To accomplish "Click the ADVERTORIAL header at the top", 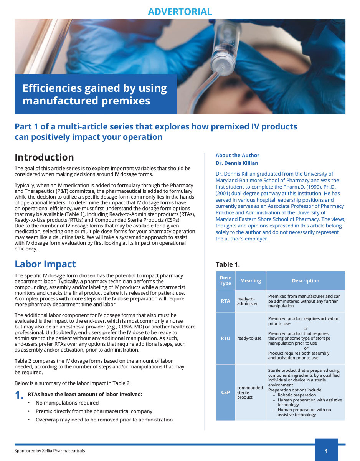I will pos(180,12).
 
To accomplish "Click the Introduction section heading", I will pos(44,158).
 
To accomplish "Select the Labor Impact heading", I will pos(45,264).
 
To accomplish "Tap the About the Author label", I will pos(237,155).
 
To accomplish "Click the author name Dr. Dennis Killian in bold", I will pos(237,163).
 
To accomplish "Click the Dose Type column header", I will pos(225,281).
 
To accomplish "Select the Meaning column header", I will pos(250,281).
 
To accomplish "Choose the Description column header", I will pos(305,281).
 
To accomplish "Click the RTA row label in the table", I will pos(225,301).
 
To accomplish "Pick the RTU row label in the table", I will pos(225,338).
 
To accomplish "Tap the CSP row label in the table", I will pos(225,392).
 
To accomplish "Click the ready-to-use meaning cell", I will pos(249,338).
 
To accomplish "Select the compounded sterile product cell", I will pos(250,392).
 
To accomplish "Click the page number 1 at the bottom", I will pos(326,451).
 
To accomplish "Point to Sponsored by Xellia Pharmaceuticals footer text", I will pos(50,451).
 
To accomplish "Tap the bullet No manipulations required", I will pos(67,403).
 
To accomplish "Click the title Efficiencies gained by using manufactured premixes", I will pos(95,95).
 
